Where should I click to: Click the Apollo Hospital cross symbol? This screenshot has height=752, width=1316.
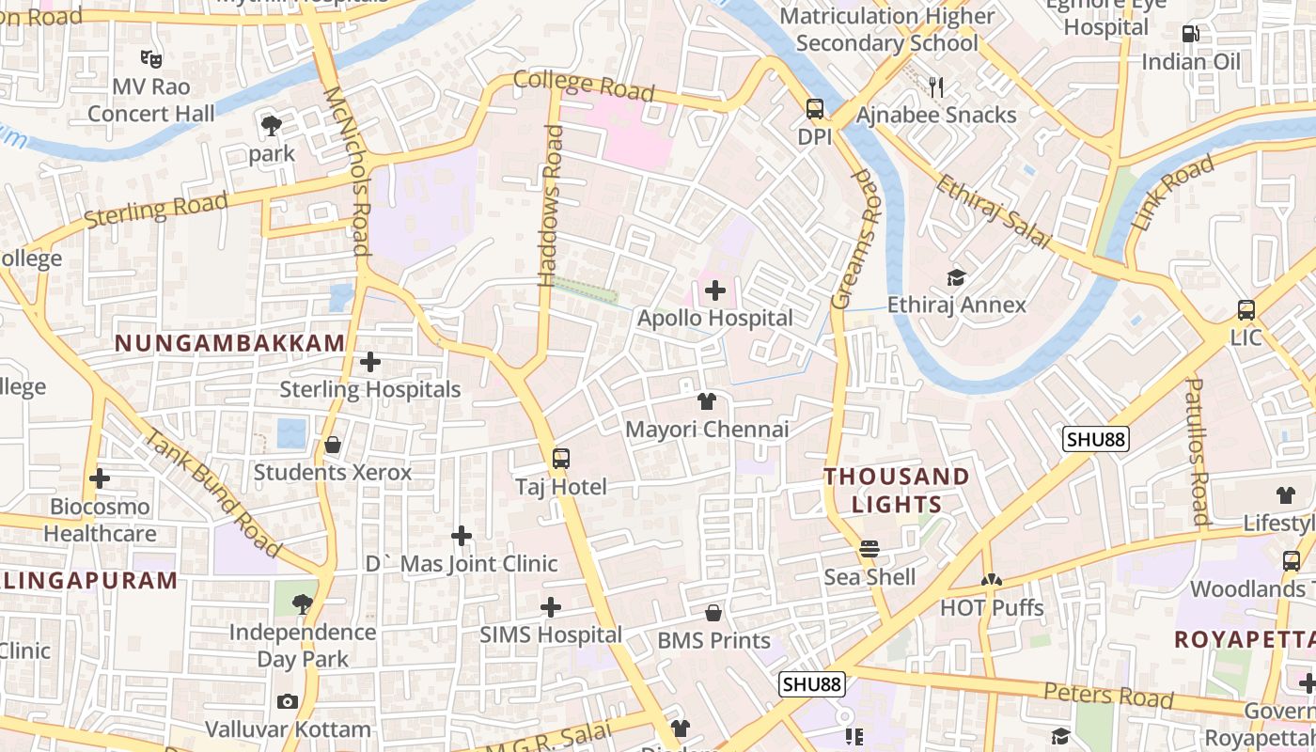click(715, 290)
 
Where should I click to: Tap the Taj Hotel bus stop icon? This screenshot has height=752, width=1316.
click(561, 459)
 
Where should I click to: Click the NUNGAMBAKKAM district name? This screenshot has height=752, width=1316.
click(230, 343)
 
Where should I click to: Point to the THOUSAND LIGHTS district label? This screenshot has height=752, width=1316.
click(897, 490)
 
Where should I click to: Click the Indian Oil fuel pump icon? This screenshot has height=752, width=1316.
click(1191, 34)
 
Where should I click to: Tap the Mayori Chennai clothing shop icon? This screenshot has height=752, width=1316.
click(707, 401)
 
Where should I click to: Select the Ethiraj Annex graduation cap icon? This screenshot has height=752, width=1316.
click(956, 277)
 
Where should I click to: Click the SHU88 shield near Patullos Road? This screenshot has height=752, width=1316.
click(1096, 439)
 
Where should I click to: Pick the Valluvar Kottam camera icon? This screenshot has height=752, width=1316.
click(288, 701)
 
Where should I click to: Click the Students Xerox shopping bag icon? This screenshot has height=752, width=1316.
click(332, 445)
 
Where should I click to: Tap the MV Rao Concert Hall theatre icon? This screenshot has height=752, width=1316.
click(150, 58)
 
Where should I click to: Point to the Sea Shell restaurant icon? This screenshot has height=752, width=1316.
click(869, 549)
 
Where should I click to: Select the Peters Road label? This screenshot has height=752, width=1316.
click(1108, 696)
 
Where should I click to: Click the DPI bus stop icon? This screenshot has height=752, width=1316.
click(815, 109)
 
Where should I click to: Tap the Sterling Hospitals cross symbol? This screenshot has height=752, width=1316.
click(370, 361)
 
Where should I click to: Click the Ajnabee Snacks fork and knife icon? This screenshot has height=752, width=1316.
click(935, 87)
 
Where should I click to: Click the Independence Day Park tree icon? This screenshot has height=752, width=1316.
click(303, 603)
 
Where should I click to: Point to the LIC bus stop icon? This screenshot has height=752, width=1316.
click(1246, 309)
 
